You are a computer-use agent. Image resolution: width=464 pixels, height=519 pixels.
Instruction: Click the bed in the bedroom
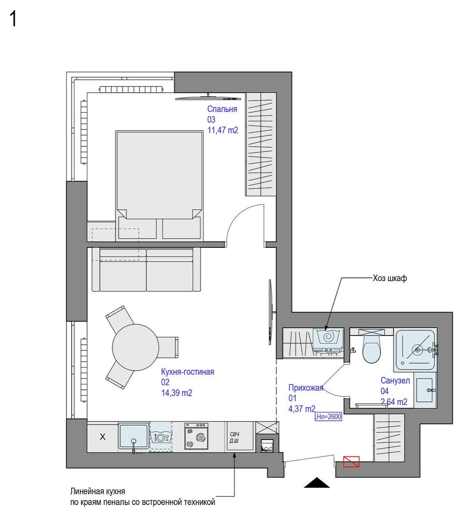[x=159, y=176]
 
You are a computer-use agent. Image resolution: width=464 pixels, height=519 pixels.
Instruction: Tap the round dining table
[x=135, y=347]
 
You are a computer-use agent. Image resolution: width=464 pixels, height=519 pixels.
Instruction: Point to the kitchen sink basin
[x=133, y=435]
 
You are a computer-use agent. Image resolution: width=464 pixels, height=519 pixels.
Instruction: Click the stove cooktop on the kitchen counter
[x=196, y=436]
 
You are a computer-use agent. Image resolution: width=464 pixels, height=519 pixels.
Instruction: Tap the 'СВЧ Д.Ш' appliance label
[x=234, y=438]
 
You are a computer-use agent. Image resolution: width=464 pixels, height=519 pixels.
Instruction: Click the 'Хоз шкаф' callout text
[x=390, y=278]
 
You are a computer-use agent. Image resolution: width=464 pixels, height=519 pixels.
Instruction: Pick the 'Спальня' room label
[x=222, y=109]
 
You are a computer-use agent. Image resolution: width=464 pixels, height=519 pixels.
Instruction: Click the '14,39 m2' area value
[x=176, y=393]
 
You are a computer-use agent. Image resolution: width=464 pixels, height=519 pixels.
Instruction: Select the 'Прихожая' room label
[x=306, y=388]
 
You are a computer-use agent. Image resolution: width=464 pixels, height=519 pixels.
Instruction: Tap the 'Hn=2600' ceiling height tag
[x=328, y=416]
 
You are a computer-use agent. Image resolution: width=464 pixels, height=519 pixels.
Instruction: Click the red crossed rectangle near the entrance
[x=351, y=462]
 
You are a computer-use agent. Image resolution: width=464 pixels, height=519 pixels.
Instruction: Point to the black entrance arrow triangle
[x=317, y=483]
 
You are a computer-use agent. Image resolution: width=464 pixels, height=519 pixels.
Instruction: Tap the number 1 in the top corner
[x=13, y=19]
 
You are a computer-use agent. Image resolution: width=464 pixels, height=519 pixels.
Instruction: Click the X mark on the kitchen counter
[x=103, y=437]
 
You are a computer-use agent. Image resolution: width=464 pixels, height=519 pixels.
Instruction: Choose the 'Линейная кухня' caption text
[x=97, y=492]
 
